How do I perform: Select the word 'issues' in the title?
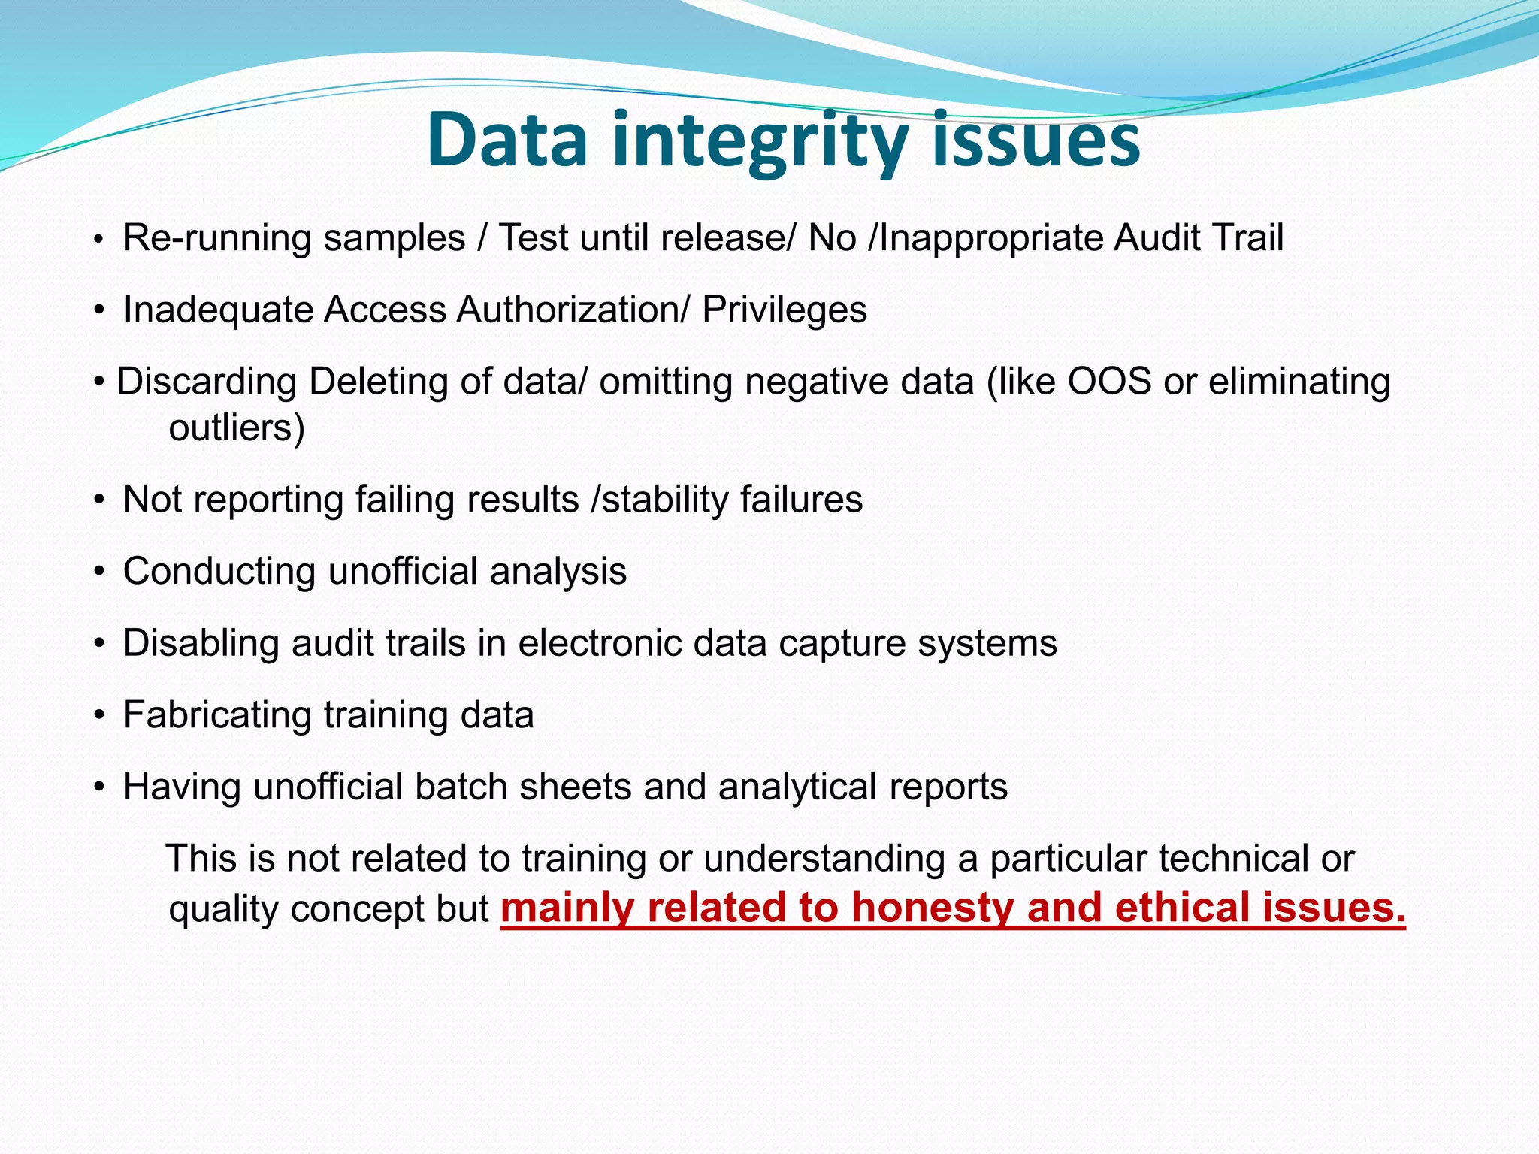(x=1036, y=140)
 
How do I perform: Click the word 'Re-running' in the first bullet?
(x=217, y=238)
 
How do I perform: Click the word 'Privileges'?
(x=784, y=310)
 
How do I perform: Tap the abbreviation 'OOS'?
(x=1109, y=381)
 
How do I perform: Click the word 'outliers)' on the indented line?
(x=237, y=428)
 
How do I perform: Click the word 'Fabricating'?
(x=216, y=714)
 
